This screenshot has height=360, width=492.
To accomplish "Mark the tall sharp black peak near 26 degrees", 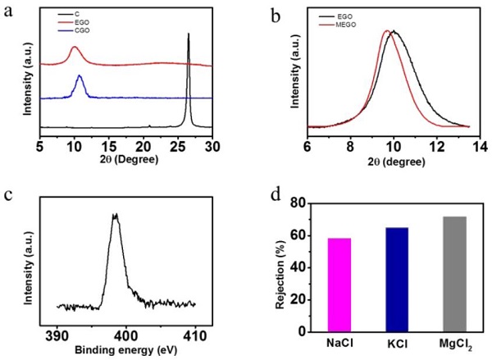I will tap(189, 36).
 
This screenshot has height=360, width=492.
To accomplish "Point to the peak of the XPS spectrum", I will tap(116, 216).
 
